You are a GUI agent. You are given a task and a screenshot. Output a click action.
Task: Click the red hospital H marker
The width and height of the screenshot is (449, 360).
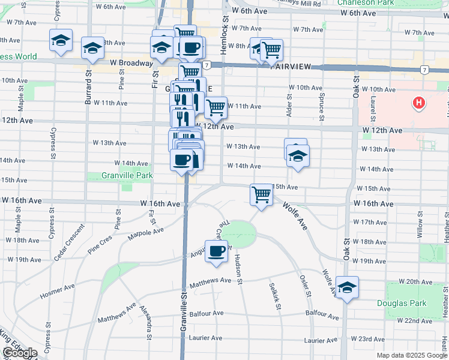coord(419,104)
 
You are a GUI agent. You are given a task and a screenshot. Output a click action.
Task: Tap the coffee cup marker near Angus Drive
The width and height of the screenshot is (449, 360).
coord(216,251)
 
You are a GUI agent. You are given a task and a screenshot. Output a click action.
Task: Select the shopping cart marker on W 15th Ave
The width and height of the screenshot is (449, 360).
coord(261,194)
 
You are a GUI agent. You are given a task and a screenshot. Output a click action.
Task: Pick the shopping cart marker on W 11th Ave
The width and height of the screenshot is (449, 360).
coord(215,108)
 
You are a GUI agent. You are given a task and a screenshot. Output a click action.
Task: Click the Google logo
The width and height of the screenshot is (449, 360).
coord(19,353)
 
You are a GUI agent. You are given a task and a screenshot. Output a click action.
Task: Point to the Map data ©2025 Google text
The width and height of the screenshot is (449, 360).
coord(411,355)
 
